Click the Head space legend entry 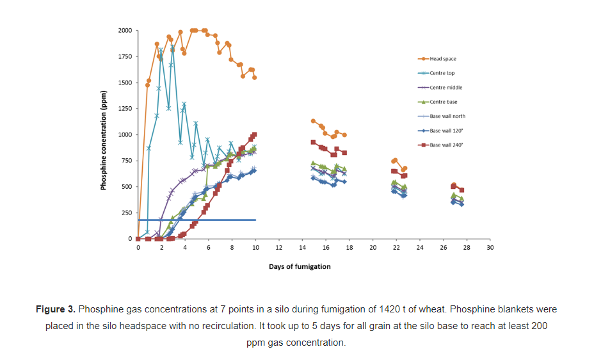pos(442,59)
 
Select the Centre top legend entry pos(442,73)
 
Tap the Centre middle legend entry pos(445,88)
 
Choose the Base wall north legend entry pos(447,116)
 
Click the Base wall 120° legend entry pos(446,131)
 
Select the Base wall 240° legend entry pos(446,145)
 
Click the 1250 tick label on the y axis pos(124,109)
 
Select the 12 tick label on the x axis pos(278,247)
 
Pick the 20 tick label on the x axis pos(373,247)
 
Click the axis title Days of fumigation pos(300,266)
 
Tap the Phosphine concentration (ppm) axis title pos(102,135)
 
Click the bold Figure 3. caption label pos(55,309)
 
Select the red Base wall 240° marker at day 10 pos(255,134)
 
